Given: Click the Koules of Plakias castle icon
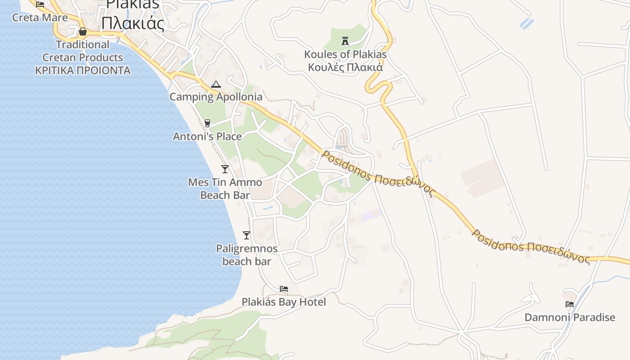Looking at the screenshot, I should point(345,41).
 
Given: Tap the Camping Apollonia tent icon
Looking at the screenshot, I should point(216,84).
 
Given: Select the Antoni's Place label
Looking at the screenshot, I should point(207,136).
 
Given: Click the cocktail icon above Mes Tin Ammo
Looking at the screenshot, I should point(225,169).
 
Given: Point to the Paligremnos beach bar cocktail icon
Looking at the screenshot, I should point(246,235).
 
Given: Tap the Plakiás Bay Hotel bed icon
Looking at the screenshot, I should point(283,289).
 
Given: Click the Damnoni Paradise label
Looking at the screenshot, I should point(570,317).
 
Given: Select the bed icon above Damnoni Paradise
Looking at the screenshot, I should point(570,304).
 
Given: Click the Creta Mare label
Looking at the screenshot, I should point(40,18).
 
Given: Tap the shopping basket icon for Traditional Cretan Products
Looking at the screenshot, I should point(83,31).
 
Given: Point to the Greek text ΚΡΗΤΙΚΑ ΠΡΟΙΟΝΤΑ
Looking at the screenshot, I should point(83,71).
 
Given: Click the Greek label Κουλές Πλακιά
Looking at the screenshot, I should point(345,67).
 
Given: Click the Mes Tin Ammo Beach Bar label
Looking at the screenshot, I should point(225,189).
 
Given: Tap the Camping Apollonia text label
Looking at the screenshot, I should point(216,97).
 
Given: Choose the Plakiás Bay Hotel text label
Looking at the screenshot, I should point(283,302).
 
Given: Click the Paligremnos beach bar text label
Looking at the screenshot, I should point(247,255).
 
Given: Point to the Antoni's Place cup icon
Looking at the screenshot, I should point(207,123).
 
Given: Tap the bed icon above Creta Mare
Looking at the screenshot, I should point(40,4).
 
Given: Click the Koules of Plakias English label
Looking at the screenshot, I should point(345,54).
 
